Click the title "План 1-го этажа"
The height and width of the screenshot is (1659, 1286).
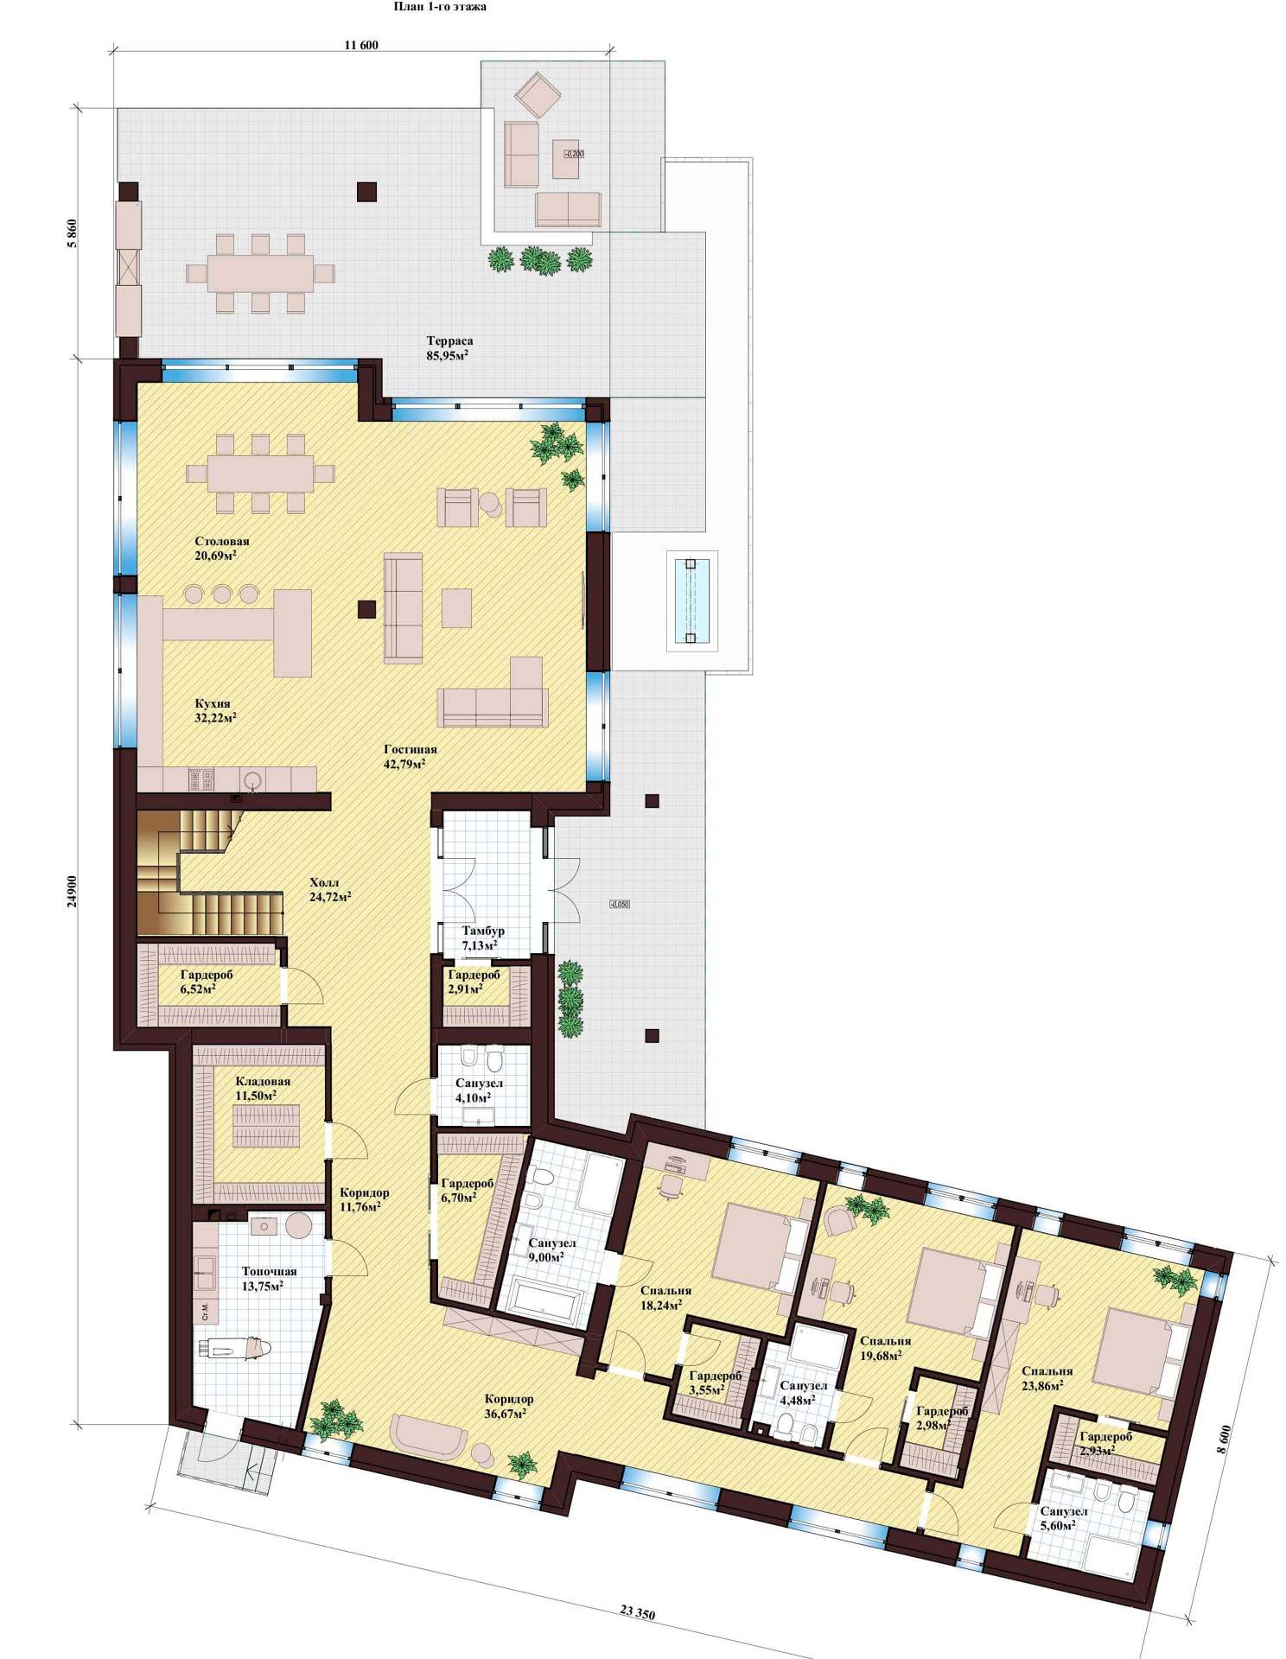coord(440,7)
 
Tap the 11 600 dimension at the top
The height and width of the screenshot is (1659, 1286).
coord(361,45)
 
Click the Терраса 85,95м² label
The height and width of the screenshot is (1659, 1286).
coord(449,348)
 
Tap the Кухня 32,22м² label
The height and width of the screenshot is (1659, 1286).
coord(214,710)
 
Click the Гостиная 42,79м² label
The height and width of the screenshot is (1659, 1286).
coord(410,756)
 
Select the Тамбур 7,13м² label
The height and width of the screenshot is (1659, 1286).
coord(482,938)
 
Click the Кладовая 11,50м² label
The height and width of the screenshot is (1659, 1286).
coord(263,1088)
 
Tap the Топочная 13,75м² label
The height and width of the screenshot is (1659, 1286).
coord(269,1278)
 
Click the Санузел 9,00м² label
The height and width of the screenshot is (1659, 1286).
coord(551,1249)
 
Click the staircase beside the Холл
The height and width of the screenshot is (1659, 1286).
coord(207,872)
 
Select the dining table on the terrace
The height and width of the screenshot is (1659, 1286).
coord(260,273)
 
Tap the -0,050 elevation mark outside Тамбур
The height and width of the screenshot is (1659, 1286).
coord(619,904)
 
